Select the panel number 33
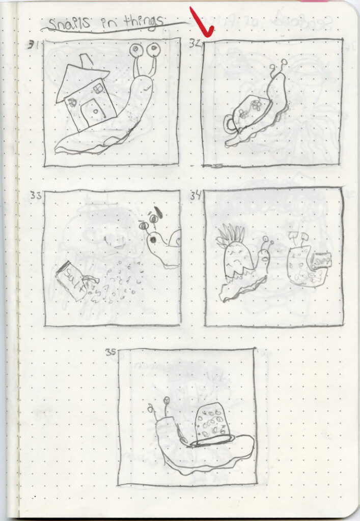[36, 194]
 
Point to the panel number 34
[196, 194]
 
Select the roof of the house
[81, 81]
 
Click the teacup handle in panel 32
[230, 123]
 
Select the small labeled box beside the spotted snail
[321, 260]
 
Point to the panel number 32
[195, 44]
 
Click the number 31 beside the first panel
[35, 45]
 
